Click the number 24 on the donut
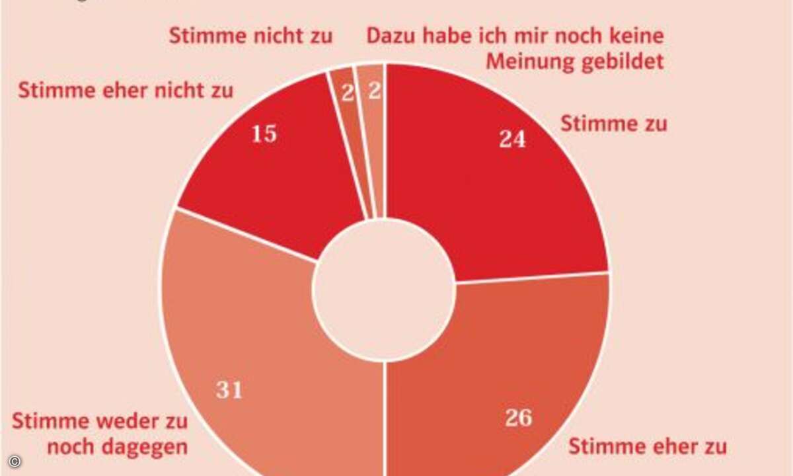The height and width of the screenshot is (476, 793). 512,139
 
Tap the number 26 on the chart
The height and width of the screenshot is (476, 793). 519,418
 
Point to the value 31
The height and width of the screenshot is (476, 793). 229,390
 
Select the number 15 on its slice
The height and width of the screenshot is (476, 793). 264,134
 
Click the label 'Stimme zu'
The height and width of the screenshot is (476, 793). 613,124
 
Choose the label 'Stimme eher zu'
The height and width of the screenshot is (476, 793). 647,446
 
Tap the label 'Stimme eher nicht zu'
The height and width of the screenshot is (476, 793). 126,91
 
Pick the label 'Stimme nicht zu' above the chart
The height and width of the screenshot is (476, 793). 250,36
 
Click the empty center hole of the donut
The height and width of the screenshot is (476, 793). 383,292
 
